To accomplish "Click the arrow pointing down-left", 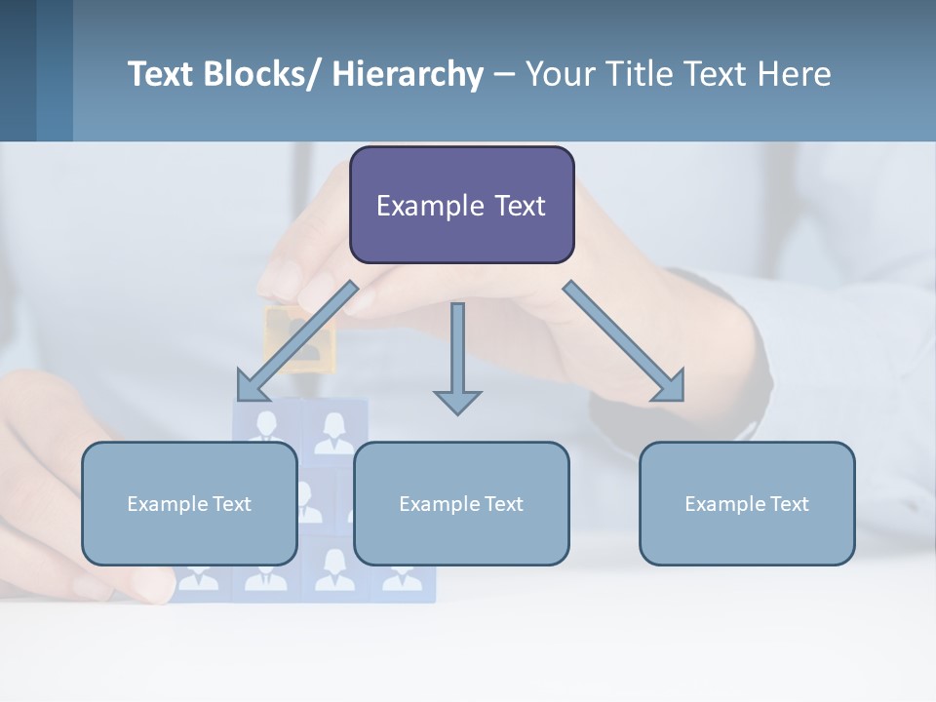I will pos(296,341).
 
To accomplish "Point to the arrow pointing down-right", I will pos(624,341).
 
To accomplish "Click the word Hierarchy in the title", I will pos(408,74).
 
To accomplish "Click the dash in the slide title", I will pos(504,74).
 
